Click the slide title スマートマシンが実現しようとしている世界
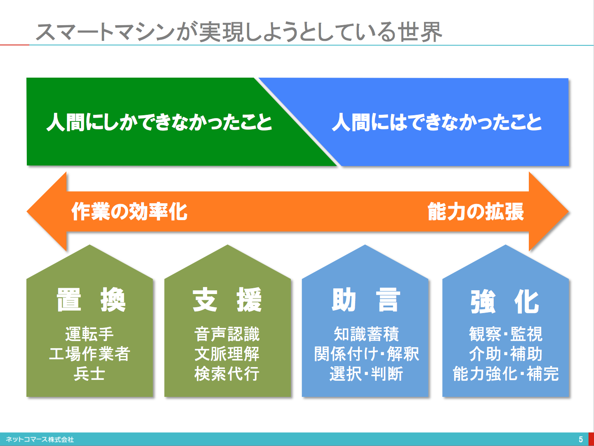(x=239, y=32)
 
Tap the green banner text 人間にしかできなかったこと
(x=159, y=122)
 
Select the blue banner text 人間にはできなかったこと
(x=437, y=122)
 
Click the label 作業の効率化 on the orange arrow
(x=130, y=211)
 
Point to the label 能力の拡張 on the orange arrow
(x=476, y=211)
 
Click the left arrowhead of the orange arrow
(x=47, y=211)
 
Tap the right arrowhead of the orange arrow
(x=549, y=211)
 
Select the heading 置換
(x=91, y=300)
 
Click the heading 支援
(x=227, y=300)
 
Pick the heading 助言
(x=366, y=300)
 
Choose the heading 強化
(x=505, y=301)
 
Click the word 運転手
(x=89, y=334)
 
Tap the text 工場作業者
(x=90, y=353)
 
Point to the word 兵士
(x=89, y=374)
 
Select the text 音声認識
(x=227, y=334)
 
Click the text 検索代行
(x=227, y=374)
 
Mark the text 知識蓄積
(x=366, y=334)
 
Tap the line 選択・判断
(x=366, y=374)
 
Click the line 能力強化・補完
(x=506, y=374)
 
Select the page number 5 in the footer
(x=581, y=439)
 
